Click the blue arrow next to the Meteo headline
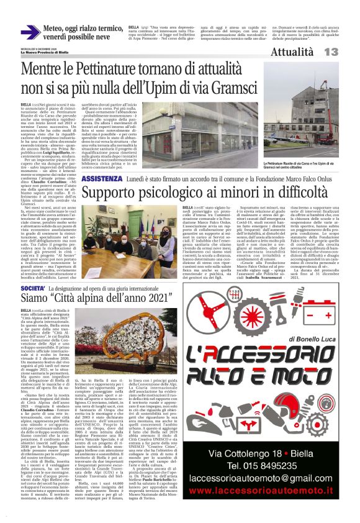tap(31, 32)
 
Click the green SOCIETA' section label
tap(34, 289)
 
